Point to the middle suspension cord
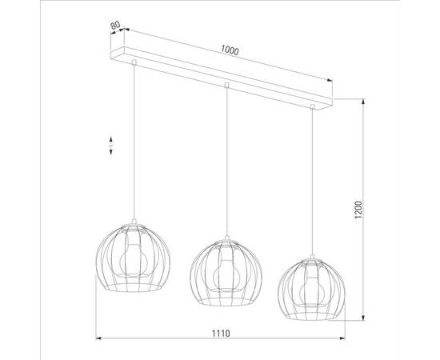227,160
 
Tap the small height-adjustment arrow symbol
112,145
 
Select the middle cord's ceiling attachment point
227,84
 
